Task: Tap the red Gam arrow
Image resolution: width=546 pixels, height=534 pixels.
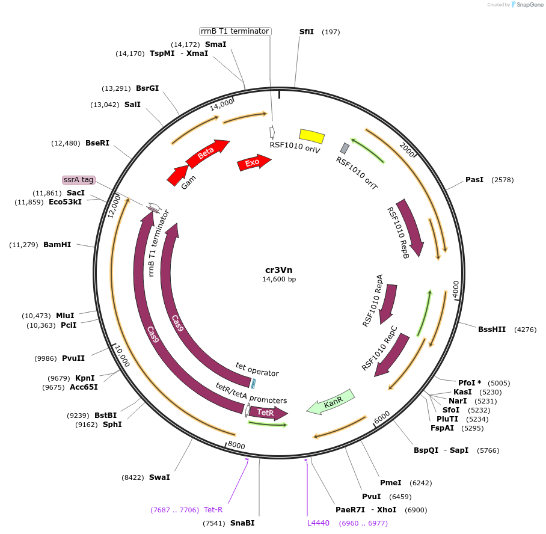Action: click(177, 175)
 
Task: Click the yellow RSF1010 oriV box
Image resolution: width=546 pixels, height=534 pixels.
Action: click(311, 137)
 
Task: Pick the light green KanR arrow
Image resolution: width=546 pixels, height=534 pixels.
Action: click(331, 402)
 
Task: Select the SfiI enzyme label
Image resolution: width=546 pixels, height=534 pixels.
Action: click(307, 31)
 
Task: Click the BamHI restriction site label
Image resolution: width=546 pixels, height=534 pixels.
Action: click(57, 245)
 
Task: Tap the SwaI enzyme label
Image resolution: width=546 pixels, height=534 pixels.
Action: click(159, 477)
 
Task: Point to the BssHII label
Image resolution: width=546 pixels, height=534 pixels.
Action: click(492, 329)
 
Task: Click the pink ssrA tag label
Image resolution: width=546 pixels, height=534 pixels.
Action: click(79, 180)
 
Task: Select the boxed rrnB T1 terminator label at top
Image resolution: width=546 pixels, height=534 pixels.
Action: click(235, 31)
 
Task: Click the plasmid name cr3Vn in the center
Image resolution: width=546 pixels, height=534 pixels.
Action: click(279, 269)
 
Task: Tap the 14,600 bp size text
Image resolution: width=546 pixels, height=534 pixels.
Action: click(279, 279)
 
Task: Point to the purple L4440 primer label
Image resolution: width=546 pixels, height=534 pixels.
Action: click(318, 523)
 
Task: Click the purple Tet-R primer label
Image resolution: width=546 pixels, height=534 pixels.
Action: click(213, 510)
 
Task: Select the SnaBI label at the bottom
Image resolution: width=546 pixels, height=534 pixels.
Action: click(242, 523)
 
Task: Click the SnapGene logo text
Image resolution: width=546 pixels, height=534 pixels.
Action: click(526, 5)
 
